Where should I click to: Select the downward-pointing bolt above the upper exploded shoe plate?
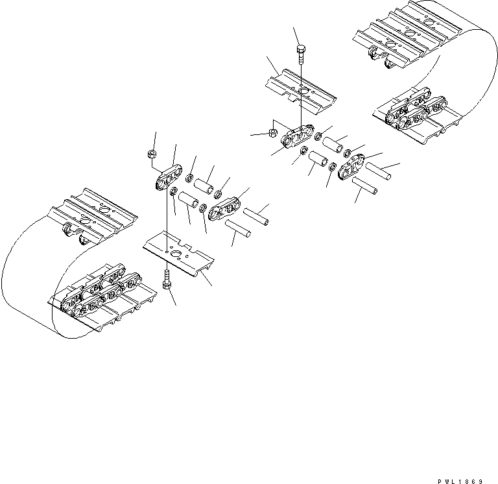click(301, 54)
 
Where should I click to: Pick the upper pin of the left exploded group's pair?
click(254, 213)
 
